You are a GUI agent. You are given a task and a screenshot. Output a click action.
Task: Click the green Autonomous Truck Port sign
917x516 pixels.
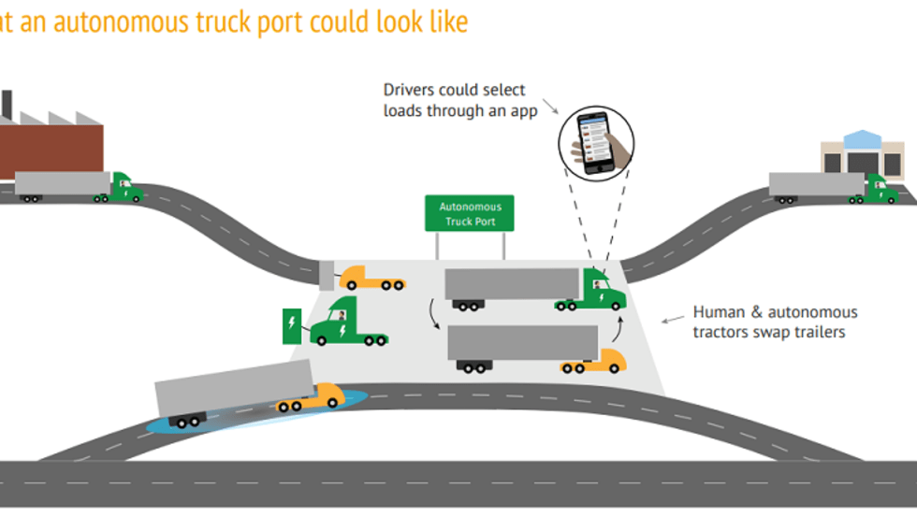click(470, 213)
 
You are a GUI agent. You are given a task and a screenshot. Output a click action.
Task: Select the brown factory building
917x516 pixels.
click(51, 150)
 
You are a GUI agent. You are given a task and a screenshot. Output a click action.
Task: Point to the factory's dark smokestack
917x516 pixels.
click(6, 105)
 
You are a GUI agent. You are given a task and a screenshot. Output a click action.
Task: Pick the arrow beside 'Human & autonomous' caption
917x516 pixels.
click(672, 319)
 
